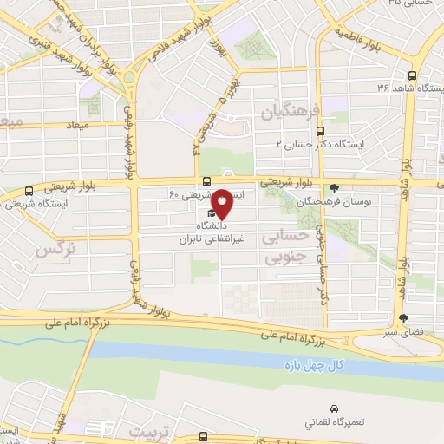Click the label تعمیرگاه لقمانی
click(x=334, y=423)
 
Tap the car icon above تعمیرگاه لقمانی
click(x=334, y=408)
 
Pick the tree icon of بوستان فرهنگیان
click(x=334, y=187)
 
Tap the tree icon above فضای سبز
click(x=403, y=317)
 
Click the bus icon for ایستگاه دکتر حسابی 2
click(x=321, y=131)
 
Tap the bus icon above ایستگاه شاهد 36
click(x=414, y=75)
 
